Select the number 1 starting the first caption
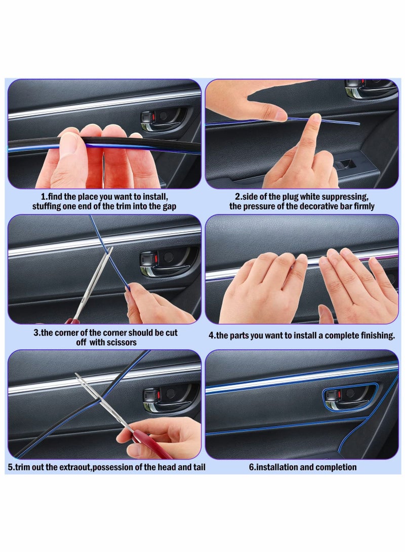[x=42, y=196]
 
